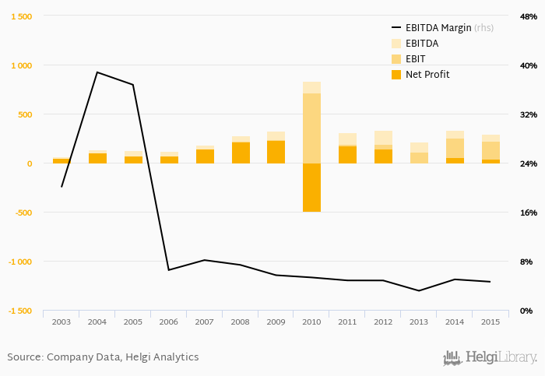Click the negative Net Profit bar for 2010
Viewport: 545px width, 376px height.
[x=311, y=188]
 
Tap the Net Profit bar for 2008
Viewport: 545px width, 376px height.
[x=241, y=153]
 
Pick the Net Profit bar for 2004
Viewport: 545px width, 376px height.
[x=97, y=158]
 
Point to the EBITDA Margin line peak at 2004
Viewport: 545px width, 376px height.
[x=97, y=72]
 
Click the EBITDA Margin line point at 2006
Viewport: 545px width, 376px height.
[x=169, y=270]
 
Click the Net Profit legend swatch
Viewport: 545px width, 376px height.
[x=396, y=75]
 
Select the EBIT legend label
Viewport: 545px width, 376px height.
[x=417, y=59]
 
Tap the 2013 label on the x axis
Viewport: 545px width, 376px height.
[x=419, y=322]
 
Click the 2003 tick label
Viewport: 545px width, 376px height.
[x=62, y=322]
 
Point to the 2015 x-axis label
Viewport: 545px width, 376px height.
[x=490, y=322]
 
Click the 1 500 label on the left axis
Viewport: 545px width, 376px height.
[x=20, y=16]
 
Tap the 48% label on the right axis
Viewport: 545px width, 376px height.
[x=528, y=16]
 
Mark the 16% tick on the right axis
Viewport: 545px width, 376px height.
[x=528, y=213]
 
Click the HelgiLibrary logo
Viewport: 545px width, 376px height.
[x=490, y=358]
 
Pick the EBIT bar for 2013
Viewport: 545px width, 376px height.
[x=419, y=158]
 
